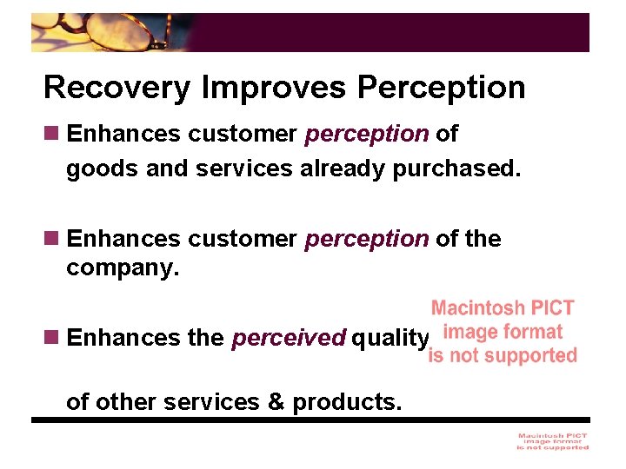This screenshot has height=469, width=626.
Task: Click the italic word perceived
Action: click(289, 338)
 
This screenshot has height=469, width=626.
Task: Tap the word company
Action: click(123, 269)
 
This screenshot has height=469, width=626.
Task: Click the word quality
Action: click(390, 338)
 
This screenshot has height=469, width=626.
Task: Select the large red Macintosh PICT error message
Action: click(503, 332)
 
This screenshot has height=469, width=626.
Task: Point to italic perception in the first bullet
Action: click(367, 135)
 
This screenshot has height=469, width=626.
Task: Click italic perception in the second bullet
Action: click(367, 239)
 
